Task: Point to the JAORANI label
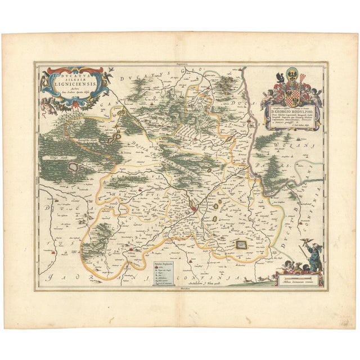(84, 277)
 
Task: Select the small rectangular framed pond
(242, 244)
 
